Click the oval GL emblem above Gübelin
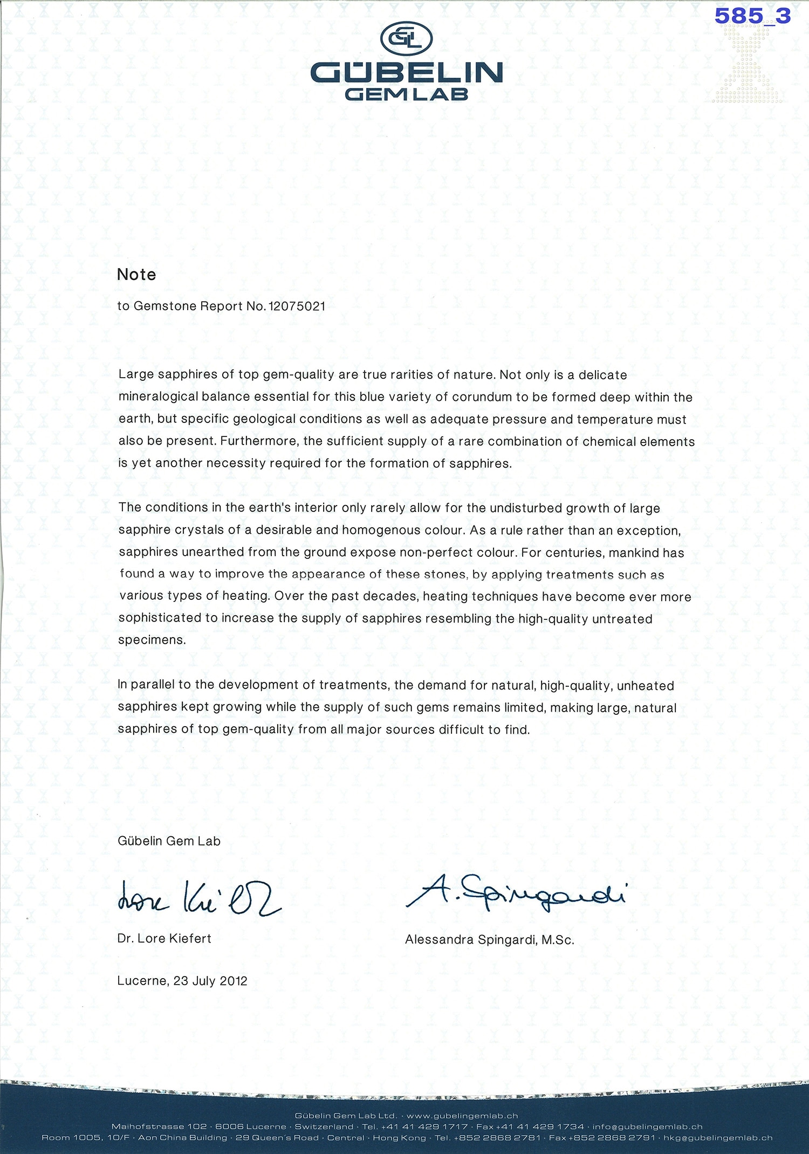(406, 38)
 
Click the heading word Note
(136, 275)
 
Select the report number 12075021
(297, 306)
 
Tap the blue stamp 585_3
(752, 16)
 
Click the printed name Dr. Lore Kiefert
(164, 938)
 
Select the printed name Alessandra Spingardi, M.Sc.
(489, 939)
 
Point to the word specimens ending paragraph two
(152, 640)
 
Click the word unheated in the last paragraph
(645, 686)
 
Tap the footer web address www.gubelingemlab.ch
(462, 1116)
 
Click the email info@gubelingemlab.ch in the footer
(647, 1126)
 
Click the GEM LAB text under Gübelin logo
(406, 94)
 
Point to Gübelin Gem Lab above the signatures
(169, 841)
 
